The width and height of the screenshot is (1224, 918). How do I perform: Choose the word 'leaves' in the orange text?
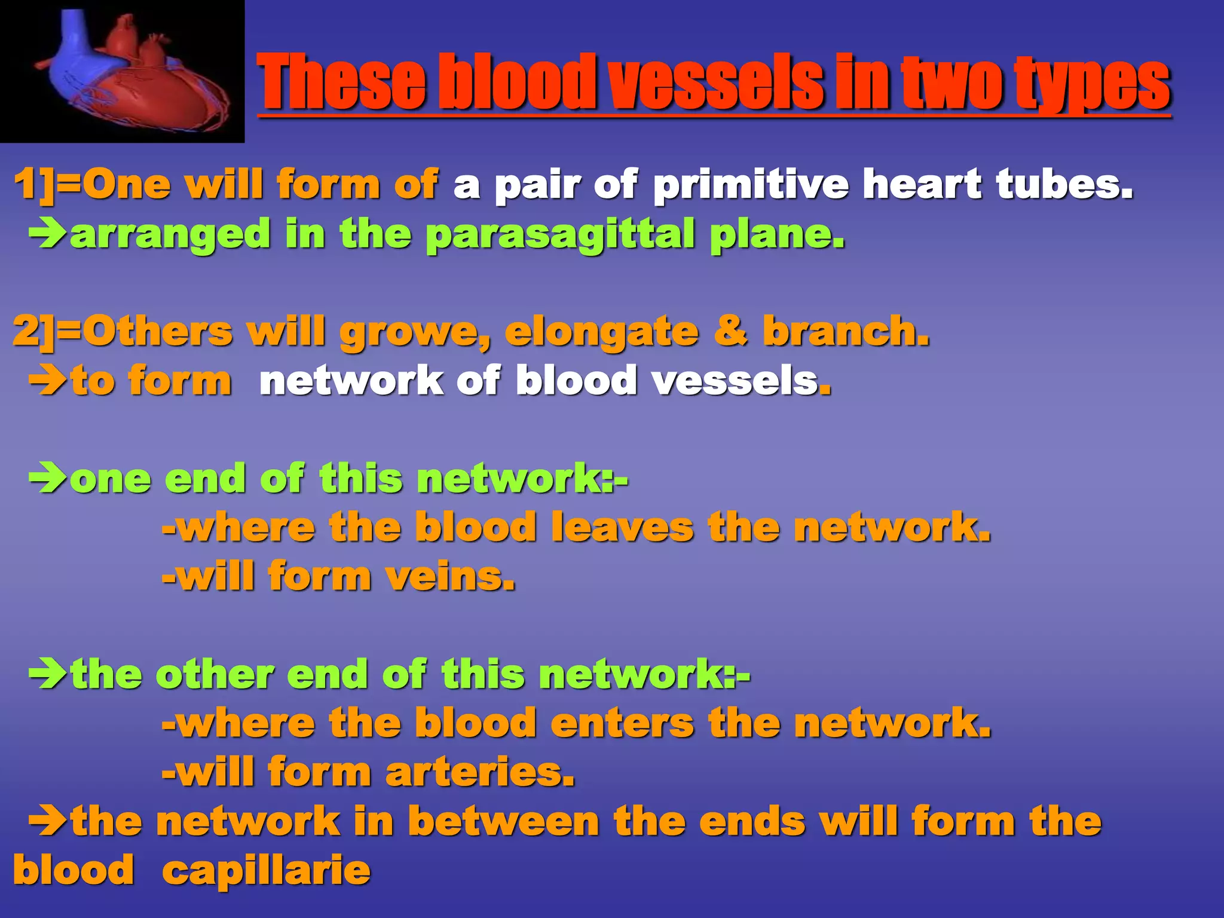[622, 528]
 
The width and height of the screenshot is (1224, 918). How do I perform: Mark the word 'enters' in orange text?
[622, 723]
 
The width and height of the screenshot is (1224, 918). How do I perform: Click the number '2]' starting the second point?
[33, 332]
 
